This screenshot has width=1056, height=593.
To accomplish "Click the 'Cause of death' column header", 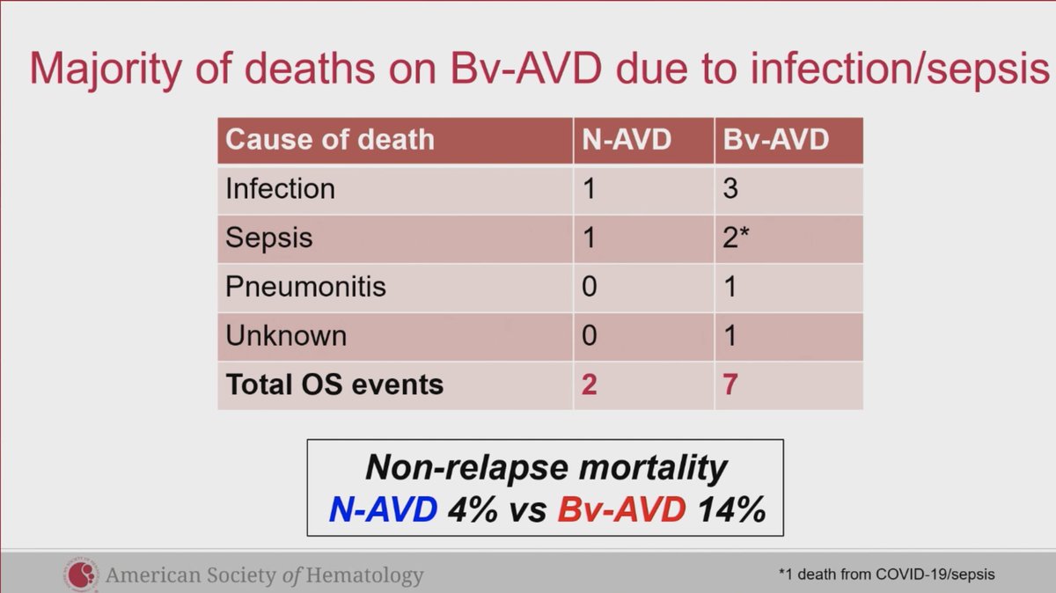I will click(329, 140).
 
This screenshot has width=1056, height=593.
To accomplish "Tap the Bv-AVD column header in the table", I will click(774, 140).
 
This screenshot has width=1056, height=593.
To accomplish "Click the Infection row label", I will click(280, 189).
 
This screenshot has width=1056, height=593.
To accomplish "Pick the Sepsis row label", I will click(268, 238).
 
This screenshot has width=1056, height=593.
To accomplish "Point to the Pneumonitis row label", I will click(305, 287).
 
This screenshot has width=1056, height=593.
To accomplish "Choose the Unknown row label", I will click(286, 336).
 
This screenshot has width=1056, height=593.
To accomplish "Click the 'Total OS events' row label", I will click(334, 384).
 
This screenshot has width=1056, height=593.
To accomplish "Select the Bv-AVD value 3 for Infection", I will click(730, 189).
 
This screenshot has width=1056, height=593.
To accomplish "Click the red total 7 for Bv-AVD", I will click(730, 384).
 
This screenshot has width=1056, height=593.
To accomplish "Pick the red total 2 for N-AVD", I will click(589, 384).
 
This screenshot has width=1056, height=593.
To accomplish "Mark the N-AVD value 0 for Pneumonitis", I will click(589, 287).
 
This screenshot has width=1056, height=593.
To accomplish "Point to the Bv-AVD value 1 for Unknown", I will click(730, 336).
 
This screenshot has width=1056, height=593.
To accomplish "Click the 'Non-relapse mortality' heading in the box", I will click(546, 467).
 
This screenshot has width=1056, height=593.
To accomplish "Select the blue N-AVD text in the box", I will click(383, 509).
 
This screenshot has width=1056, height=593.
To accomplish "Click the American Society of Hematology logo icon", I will click(81, 575).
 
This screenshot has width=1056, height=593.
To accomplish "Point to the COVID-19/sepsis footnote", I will click(886, 575).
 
